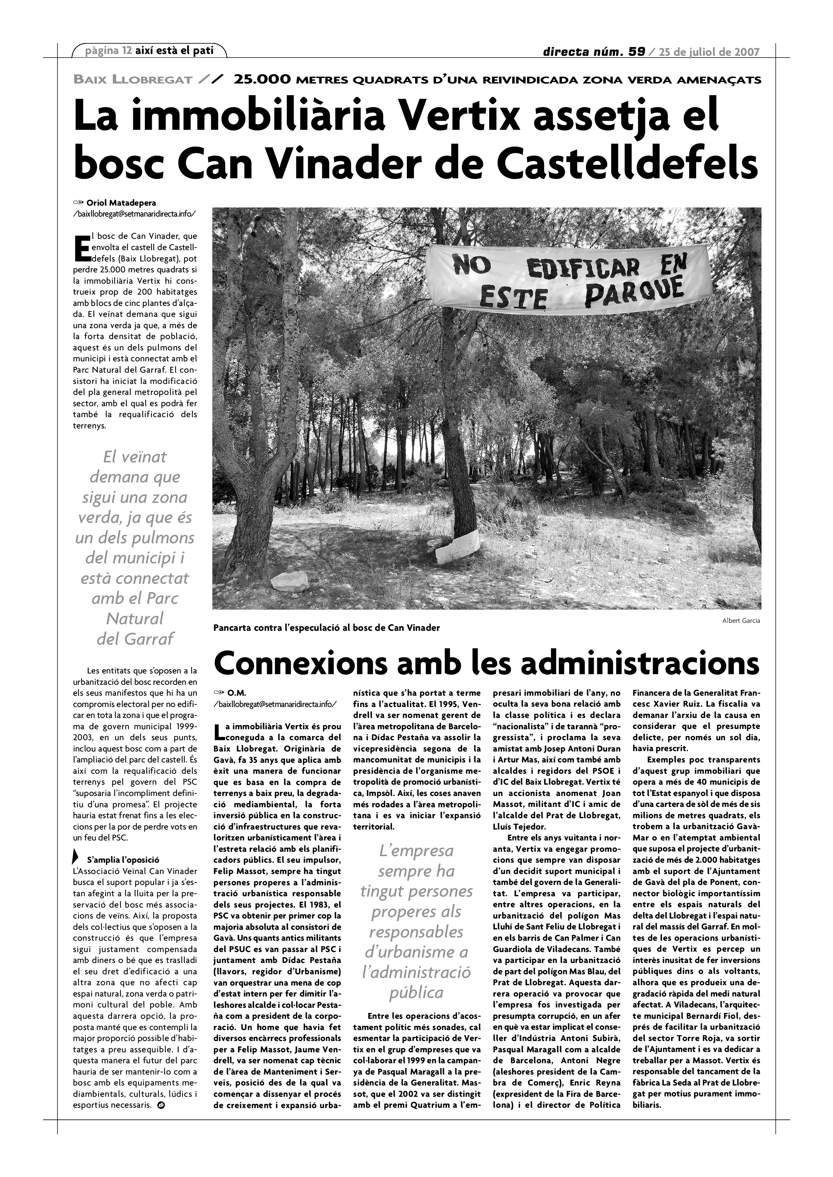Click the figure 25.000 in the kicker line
[262, 80]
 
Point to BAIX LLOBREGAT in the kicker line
[133, 80]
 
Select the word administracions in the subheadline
[632, 664]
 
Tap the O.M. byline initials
[235, 692]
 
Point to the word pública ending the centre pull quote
[416, 993]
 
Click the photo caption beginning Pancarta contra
[327, 628]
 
